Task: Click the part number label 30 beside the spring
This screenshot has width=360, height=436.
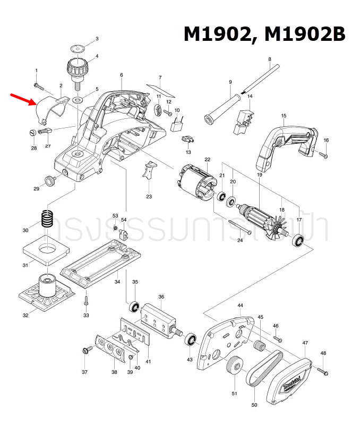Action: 25,231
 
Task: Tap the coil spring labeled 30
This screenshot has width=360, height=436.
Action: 48,221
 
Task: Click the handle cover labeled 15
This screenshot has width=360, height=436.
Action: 287,141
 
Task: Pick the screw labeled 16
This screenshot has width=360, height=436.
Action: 323,155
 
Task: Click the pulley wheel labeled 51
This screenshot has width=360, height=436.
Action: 233,367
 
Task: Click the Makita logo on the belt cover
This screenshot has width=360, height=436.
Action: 290,382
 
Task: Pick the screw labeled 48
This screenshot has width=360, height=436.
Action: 323,370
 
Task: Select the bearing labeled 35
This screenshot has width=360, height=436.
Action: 134,307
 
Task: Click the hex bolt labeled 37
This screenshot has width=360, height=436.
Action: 85,350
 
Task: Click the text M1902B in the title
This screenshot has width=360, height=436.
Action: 306,34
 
